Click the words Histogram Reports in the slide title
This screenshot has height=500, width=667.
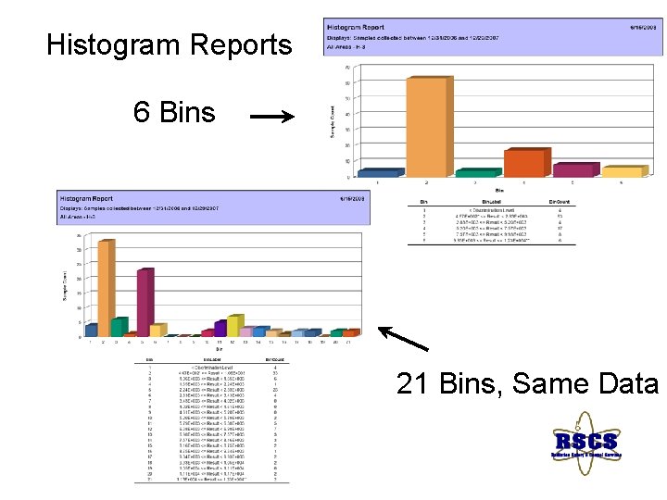[x=169, y=44]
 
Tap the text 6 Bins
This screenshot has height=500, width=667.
[x=174, y=113]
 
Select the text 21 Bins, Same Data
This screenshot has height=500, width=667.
[x=527, y=382]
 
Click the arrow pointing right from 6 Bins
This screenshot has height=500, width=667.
[x=271, y=117]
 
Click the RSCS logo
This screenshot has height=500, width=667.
[x=585, y=444]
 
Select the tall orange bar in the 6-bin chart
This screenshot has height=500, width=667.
[x=427, y=125]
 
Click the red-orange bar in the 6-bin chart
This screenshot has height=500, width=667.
[x=522, y=162]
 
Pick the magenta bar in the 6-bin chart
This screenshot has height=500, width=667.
[x=573, y=169]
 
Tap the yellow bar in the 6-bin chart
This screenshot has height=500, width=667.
[x=622, y=171]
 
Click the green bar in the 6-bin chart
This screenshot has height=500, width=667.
[x=475, y=172]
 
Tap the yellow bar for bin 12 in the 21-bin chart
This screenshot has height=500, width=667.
[x=234, y=325]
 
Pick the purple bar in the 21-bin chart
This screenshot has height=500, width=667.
[x=220, y=328]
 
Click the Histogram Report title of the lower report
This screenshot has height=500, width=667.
[x=87, y=198]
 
